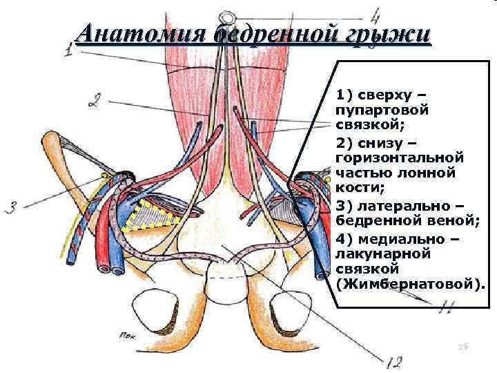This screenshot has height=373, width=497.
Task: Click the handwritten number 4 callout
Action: coord(376,15)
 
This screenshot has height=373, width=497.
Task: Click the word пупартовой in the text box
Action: coord(382,110)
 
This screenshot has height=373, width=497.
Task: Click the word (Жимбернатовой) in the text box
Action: coord(406,283)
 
